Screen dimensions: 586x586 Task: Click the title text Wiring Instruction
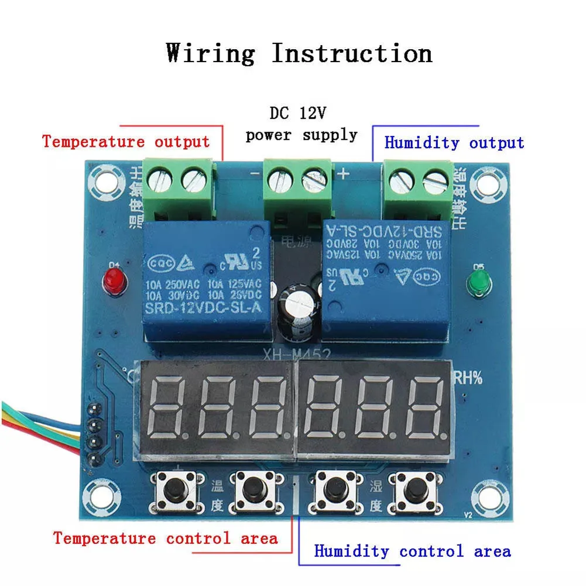pos(299,53)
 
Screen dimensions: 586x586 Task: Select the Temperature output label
pos(126,142)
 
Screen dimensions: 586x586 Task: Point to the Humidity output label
pos(454,143)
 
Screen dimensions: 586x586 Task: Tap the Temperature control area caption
pos(166,538)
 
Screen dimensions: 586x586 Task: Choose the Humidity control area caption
pos(412,551)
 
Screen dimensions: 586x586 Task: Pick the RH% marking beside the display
pos(470,378)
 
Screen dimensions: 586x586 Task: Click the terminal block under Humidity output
pos(418,189)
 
